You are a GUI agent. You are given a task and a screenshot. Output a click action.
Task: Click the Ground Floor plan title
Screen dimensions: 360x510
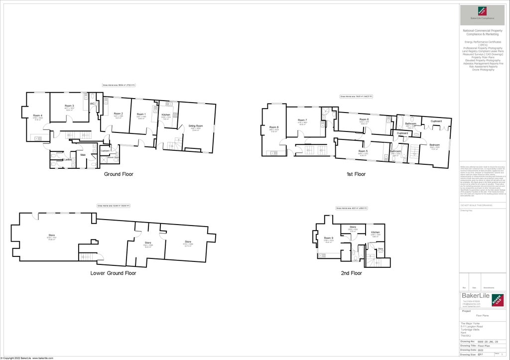click(x=119, y=175)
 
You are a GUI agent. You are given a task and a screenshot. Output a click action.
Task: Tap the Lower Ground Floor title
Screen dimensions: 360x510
click(x=113, y=273)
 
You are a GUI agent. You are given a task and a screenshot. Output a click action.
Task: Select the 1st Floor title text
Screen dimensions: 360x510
click(x=356, y=174)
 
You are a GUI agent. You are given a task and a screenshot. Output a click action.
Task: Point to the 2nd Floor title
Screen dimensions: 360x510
click(x=351, y=273)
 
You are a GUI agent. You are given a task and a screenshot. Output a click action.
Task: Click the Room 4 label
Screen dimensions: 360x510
click(x=37, y=116)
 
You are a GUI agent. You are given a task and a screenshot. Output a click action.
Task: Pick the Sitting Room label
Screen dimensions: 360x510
click(x=195, y=126)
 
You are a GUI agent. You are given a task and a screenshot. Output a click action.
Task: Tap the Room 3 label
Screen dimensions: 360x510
click(x=69, y=106)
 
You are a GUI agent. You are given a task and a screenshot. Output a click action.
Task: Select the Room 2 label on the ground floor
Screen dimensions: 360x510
click(x=119, y=114)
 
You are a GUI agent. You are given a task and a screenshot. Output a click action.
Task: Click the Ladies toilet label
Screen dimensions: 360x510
click(x=68, y=159)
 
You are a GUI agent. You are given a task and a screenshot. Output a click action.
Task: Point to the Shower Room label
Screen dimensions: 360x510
click(x=109, y=157)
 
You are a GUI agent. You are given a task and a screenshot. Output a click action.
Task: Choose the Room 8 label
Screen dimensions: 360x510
click(x=274, y=127)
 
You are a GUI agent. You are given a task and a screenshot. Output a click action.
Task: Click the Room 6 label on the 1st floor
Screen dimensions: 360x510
click(x=364, y=120)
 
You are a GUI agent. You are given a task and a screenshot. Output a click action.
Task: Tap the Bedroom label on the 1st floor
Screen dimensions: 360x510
click(x=434, y=144)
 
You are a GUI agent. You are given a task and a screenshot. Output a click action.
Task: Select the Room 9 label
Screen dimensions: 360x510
click(x=329, y=238)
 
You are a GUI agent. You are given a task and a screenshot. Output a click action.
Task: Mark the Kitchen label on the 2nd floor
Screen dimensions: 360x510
click(x=375, y=232)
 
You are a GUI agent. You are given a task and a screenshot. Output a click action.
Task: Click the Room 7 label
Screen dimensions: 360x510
click(x=302, y=120)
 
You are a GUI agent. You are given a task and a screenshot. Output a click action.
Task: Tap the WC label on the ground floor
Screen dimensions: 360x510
click(x=92, y=104)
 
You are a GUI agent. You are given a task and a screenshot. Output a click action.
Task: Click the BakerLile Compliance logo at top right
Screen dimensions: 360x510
click(x=481, y=13)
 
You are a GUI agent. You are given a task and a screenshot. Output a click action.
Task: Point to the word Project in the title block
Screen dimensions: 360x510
click(x=467, y=311)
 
